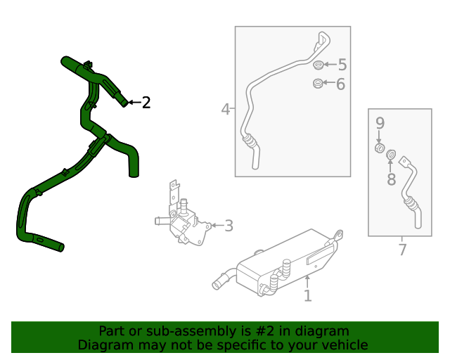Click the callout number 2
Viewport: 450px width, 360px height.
point(146,103)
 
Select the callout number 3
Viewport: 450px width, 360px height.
point(229,226)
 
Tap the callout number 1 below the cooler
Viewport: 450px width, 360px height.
point(307,296)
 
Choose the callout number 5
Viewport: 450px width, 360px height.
point(342,65)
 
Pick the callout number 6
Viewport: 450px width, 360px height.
point(340,84)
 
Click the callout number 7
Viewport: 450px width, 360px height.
point(402,249)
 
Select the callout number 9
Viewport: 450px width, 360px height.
point(380,124)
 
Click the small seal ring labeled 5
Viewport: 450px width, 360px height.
point(318,65)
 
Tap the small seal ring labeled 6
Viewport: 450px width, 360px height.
point(317,84)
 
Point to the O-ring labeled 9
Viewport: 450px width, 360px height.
point(380,149)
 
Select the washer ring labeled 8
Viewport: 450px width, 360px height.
point(392,155)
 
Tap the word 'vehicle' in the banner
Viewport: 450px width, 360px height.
point(344,345)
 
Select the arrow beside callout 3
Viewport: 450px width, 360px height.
point(215,226)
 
